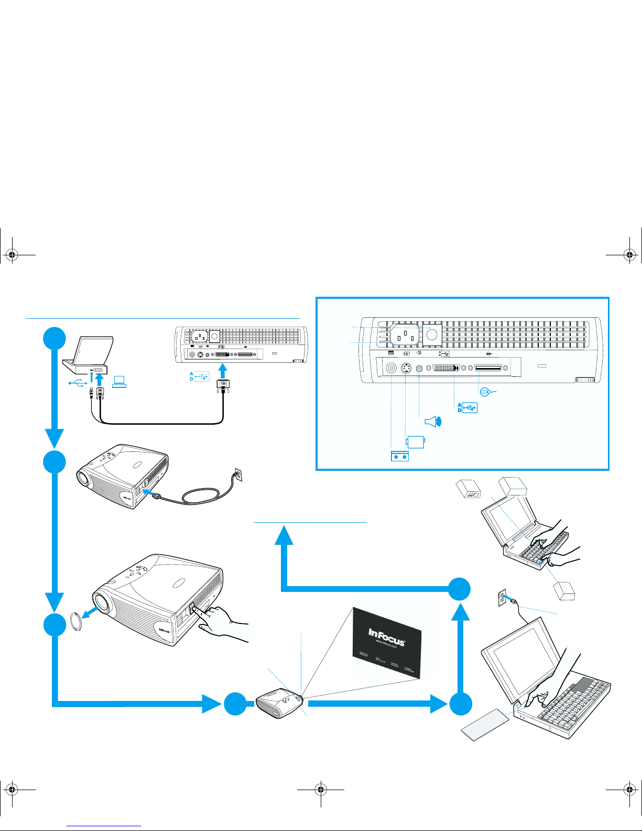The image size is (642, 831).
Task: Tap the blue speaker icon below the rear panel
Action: click(433, 422)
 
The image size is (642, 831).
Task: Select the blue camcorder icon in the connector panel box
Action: click(415, 441)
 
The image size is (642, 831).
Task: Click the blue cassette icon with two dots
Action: click(400, 456)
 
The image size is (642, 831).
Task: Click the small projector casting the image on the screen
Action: click(280, 703)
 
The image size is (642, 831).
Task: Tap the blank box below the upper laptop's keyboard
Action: click(565, 591)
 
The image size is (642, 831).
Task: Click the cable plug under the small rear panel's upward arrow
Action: click(224, 385)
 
